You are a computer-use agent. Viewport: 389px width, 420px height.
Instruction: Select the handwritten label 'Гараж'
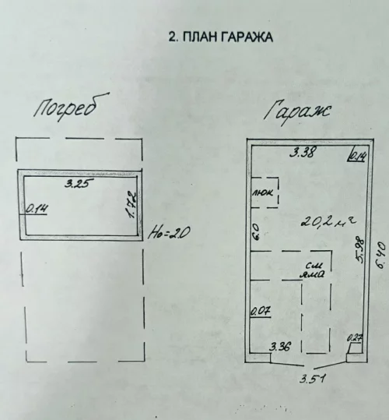(300, 111)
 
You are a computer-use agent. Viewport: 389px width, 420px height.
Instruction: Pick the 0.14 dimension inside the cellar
(36, 208)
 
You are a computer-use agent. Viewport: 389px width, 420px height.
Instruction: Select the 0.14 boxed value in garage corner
(357, 155)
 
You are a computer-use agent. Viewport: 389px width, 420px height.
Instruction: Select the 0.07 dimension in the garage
(259, 312)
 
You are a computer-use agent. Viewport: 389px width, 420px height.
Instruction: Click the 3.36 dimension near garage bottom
(281, 346)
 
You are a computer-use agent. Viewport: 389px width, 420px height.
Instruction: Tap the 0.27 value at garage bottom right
(355, 339)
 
